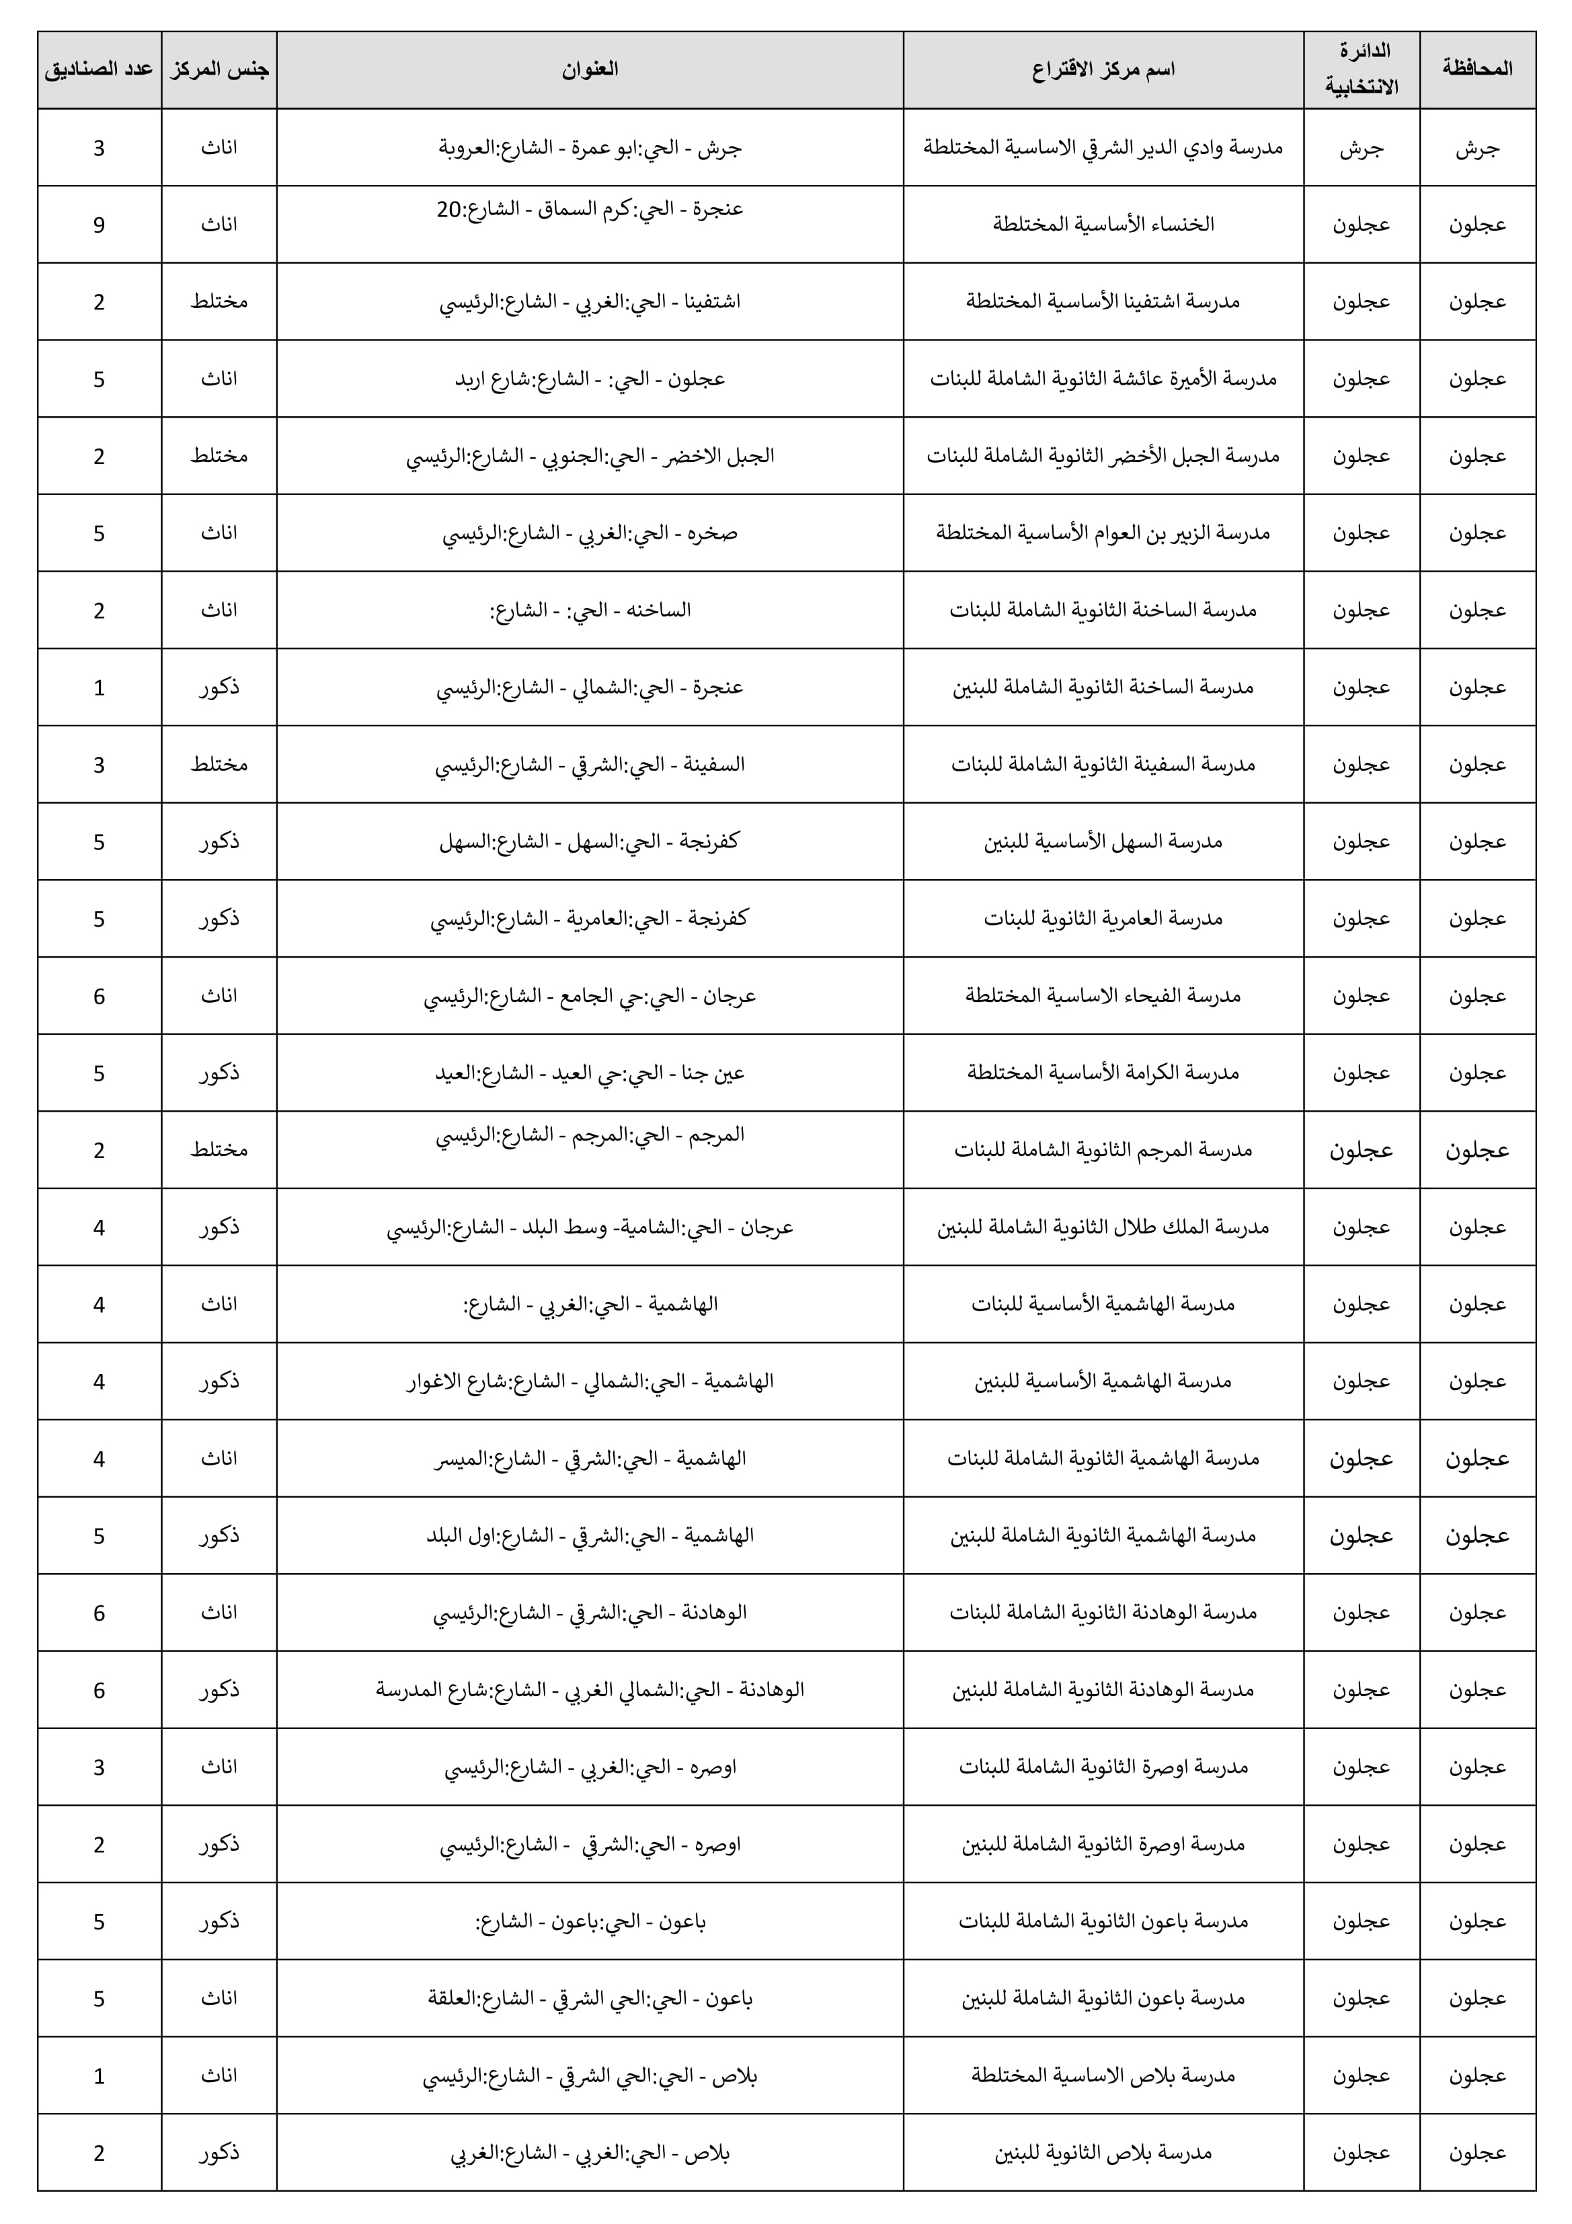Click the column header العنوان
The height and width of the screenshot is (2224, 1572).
[x=589, y=69]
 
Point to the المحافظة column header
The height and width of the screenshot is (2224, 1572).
[x=1477, y=69]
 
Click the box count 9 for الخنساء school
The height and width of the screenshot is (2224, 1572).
[x=99, y=225]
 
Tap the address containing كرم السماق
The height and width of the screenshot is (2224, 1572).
[x=589, y=209]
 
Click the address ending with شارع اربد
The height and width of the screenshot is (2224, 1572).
[x=589, y=379]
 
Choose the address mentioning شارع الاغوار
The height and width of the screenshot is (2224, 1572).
[x=589, y=1381]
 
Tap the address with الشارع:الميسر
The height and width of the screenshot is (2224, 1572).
[x=589, y=1459]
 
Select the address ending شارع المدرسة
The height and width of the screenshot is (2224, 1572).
[x=589, y=1690]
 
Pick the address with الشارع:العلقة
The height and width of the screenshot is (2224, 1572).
[x=589, y=1998]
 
